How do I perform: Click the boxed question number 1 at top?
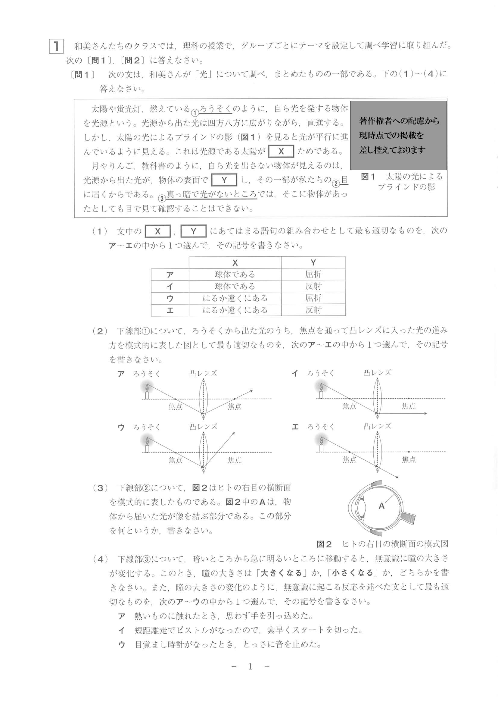[56, 46]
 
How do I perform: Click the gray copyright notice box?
[398, 135]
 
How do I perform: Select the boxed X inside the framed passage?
[281, 151]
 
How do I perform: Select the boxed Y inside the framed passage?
[224, 180]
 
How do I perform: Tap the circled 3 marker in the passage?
[162, 198]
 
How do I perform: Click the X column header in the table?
[235, 262]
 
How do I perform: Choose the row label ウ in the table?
[170, 298]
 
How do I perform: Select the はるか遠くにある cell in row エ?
[235, 310]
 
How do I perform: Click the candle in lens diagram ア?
[147, 392]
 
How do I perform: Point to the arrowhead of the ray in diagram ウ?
[234, 433]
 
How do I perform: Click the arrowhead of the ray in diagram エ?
[397, 477]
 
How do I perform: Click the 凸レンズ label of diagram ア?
[203, 373]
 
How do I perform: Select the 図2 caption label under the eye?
[324, 544]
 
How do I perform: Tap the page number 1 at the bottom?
[251, 667]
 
